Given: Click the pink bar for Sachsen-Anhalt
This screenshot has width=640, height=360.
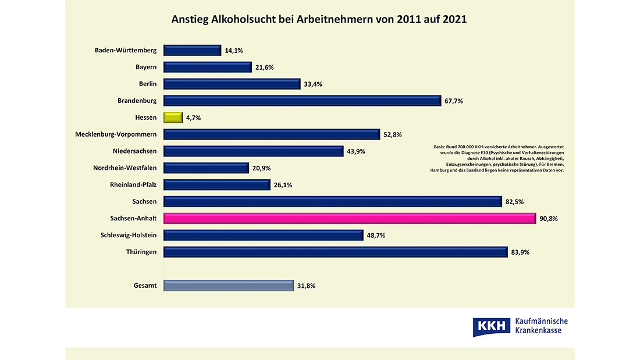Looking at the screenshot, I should [x=349, y=218].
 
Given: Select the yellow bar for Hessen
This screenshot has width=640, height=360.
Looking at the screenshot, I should [x=173, y=117].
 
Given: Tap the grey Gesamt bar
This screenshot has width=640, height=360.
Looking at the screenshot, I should [x=228, y=286].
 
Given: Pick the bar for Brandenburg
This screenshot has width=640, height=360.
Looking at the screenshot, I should [x=302, y=101].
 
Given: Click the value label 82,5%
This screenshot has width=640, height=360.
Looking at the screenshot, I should [x=515, y=202].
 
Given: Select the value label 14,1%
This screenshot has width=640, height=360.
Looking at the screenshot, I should [x=233, y=51].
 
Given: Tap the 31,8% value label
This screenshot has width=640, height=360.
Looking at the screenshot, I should [x=306, y=286].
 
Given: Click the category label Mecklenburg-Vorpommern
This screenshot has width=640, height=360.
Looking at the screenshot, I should [x=116, y=134].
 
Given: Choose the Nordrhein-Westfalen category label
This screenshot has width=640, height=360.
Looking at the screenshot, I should [x=125, y=168].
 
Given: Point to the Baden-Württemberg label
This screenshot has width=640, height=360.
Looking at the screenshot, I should [x=126, y=50].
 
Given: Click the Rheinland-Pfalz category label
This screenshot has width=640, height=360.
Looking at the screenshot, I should [x=133, y=185].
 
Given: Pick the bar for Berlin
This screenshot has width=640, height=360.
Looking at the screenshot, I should [x=232, y=84].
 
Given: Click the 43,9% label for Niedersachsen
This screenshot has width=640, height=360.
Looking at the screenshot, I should [x=356, y=151].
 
